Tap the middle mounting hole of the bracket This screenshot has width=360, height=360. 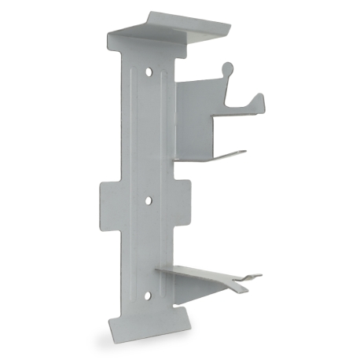[149, 200]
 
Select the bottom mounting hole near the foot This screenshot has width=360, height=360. [148, 296]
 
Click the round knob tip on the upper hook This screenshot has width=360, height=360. [227, 68]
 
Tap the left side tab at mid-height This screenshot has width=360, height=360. [108, 203]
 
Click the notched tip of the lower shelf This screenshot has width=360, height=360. [252, 277]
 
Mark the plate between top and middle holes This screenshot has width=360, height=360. [149, 134]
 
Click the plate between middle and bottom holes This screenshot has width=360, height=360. [149, 248]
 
